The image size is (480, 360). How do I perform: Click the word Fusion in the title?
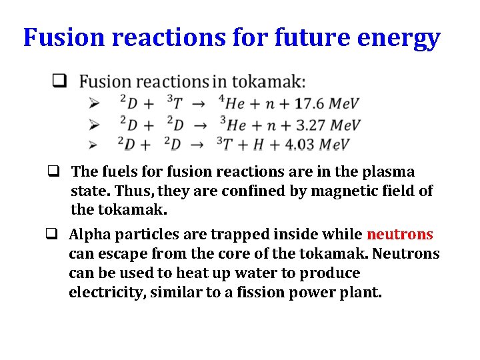click(x=64, y=37)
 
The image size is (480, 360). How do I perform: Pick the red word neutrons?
click(x=400, y=234)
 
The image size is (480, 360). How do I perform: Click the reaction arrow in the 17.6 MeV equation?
click(x=197, y=104)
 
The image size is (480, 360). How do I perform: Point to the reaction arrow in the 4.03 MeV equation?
click(x=197, y=145)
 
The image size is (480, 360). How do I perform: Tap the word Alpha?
click(x=88, y=234)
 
